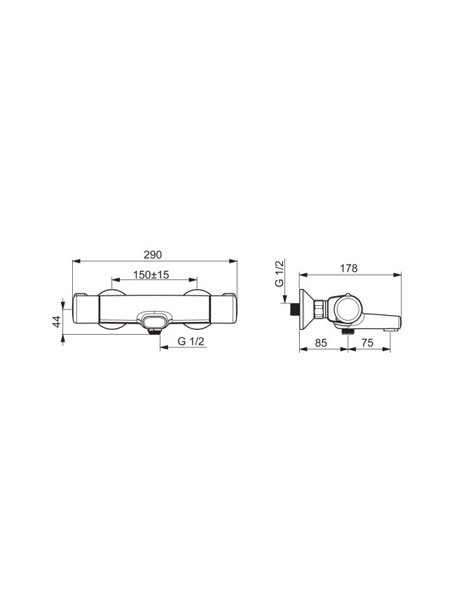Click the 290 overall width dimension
pyautogui.click(x=153, y=255)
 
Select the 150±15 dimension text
pyautogui.click(x=151, y=274)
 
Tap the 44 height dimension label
pyautogui.click(x=57, y=321)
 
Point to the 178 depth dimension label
pyautogui.click(x=349, y=268)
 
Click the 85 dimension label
pyautogui.click(x=321, y=342)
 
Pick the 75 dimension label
pyautogui.click(x=368, y=342)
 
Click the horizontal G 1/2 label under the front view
pyautogui.click(x=191, y=342)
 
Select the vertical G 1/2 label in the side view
pyautogui.click(x=280, y=273)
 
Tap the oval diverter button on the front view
pyautogui.click(x=154, y=320)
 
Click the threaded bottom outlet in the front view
pyautogui.click(x=154, y=331)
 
